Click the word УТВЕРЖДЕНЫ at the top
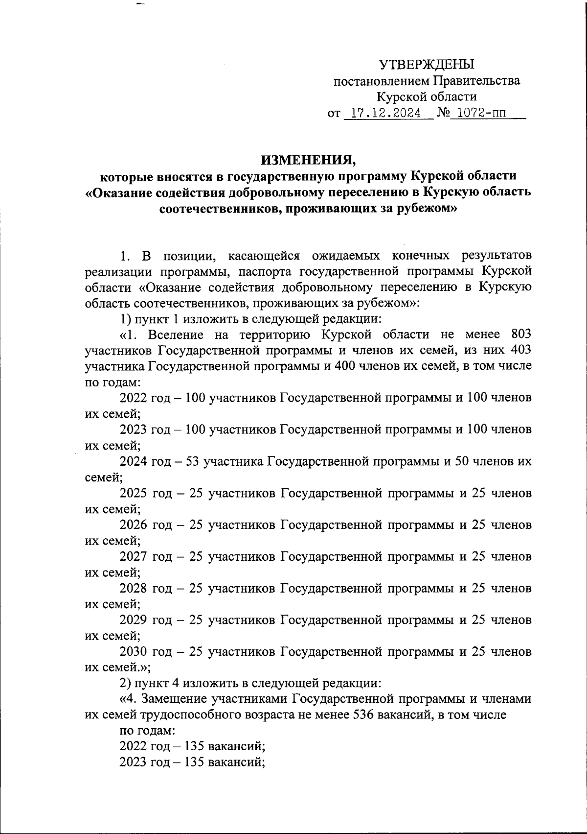pos(427,64)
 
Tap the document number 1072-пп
pos(478,114)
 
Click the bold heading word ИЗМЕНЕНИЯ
pos(306,160)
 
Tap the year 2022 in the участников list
pos(133,398)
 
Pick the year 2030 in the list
pos(133,652)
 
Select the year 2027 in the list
pos(133,556)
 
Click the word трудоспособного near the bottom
pos(187,715)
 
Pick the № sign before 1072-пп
pos(443,114)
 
